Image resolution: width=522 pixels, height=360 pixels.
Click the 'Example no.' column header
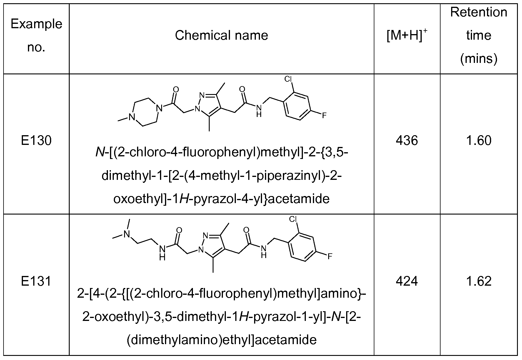pyautogui.click(x=36, y=35)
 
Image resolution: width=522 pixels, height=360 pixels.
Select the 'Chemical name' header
pyautogui.click(x=221, y=36)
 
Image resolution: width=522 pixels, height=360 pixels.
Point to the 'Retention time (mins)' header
pyautogui.click(x=478, y=35)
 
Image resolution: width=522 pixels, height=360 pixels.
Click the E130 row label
pyautogui.click(x=36, y=141)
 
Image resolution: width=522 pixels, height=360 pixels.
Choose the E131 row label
pyautogui.click(x=36, y=282)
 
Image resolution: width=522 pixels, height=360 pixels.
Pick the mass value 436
pyautogui.click(x=407, y=141)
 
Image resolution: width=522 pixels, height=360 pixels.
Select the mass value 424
pyautogui.click(x=407, y=282)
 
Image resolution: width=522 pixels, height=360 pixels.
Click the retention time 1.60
pyautogui.click(x=478, y=141)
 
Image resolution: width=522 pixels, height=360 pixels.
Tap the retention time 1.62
pyautogui.click(x=478, y=282)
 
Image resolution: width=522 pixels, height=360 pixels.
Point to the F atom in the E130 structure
pyautogui.click(x=324, y=115)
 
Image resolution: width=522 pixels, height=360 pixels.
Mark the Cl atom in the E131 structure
pyautogui.click(x=293, y=219)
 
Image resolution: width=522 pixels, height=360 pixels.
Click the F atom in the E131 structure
pyautogui.click(x=330, y=256)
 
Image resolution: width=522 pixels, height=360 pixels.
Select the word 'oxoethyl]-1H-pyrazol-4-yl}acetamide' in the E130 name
pyautogui.click(x=221, y=199)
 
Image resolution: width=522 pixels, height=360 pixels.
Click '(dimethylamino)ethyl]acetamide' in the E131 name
pyautogui.click(x=221, y=340)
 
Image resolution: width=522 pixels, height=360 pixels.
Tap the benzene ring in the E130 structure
pyautogui.click(x=297, y=106)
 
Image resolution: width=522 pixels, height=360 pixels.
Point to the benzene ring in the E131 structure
pyautogui.click(x=303, y=247)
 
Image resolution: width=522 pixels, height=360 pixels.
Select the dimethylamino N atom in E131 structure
pyautogui.click(x=127, y=234)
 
